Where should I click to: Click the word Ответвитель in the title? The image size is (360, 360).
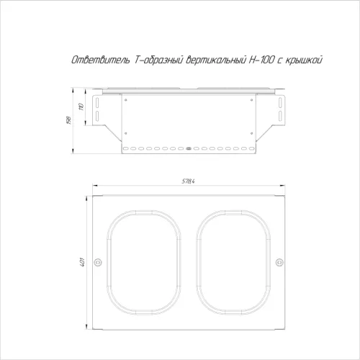(102, 60)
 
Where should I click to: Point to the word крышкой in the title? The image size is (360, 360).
(304, 60)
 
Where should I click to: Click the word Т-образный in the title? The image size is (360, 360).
(158, 60)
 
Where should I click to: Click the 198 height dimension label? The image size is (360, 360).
(68, 120)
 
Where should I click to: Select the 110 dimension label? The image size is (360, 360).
(81, 107)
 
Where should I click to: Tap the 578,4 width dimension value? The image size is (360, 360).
(188, 181)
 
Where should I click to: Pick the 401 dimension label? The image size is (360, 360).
(83, 262)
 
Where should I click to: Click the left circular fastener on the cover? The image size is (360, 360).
(97, 262)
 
